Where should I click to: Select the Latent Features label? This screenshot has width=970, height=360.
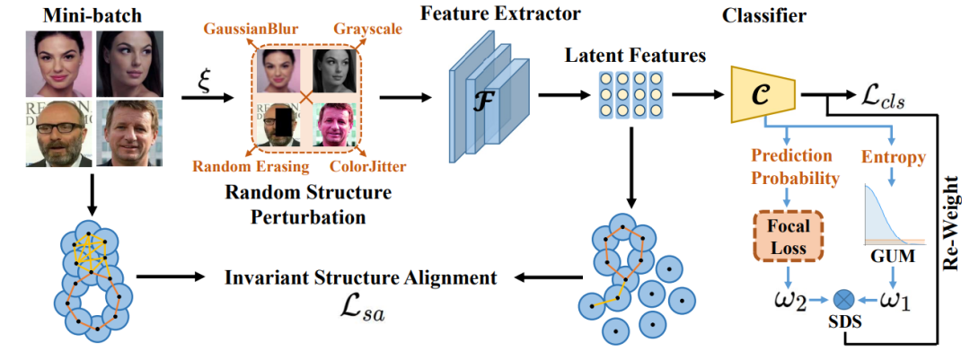pos(635,56)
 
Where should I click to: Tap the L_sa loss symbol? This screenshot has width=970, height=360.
pos(361,311)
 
